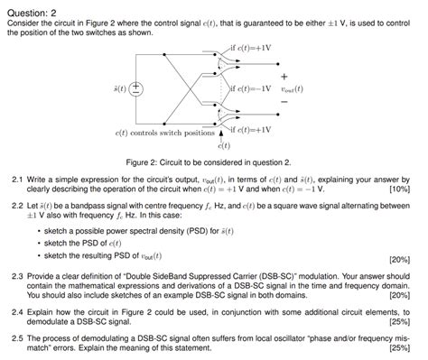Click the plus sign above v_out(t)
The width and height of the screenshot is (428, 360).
pos(284,75)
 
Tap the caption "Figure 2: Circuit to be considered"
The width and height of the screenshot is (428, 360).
pos(213,162)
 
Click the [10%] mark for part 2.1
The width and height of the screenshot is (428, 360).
pos(398,190)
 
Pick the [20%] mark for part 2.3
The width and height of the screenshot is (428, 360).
pos(398,295)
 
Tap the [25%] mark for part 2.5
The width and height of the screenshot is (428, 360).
pos(398,347)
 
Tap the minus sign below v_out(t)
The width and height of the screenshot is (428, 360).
pos(284,102)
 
